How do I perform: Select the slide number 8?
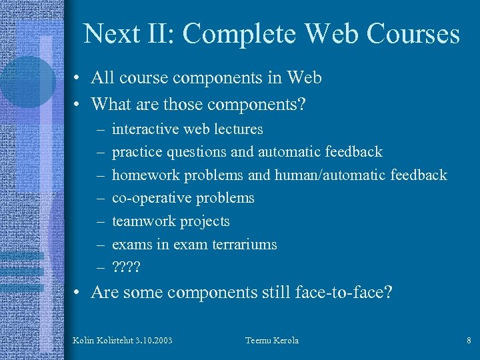(469, 341)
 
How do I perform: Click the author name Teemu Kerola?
(272, 341)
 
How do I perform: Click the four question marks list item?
(127, 267)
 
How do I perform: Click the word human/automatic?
(323, 175)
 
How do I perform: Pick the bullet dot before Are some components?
(78, 293)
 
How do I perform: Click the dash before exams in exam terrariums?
(99, 245)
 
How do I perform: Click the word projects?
(208, 221)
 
